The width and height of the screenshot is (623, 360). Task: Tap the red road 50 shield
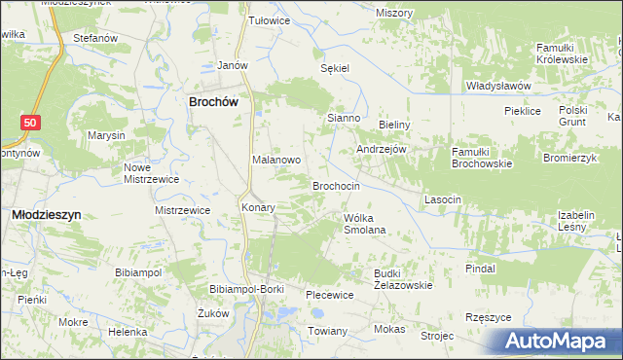pyautogui.click(x=31, y=122)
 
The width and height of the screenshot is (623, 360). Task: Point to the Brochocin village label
pyautogui.click(x=336, y=185)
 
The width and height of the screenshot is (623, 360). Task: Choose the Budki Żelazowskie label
pyautogui.click(x=401, y=279)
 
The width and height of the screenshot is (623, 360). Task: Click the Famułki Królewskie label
pyautogui.click(x=562, y=54)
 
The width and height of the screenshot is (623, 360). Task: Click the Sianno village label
pyautogui.click(x=344, y=118)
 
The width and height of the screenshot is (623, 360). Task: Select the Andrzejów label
pyautogui.click(x=381, y=150)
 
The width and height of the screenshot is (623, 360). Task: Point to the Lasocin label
pyautogui.click(x=442, y=198)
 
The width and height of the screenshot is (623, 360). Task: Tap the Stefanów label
pyautogui.click(x=95, y=38)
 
